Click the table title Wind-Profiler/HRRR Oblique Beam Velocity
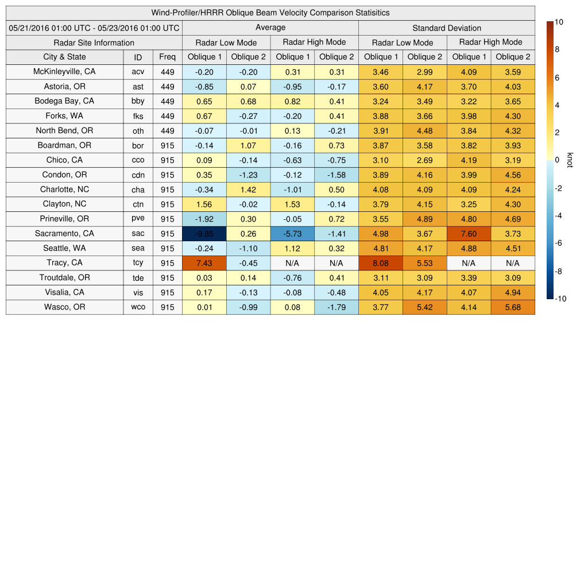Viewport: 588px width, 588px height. click(x=270, y=13)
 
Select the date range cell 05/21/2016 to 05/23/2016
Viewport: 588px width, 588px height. click(x=94, y=28)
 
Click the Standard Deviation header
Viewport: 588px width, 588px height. click(x=447, y=28)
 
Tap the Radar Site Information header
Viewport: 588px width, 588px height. click(x=94, y=42)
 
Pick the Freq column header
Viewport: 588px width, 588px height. click(x=168, y=57)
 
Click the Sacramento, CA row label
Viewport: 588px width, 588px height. click(x=64, y=234)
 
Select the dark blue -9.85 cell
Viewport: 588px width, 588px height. click(x=204, y=234)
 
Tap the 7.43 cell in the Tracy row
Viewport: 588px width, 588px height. click(x=204, y=263)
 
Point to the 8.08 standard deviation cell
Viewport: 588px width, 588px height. click(x=381, y=263)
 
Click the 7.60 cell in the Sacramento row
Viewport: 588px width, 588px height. click(x=469, y=234)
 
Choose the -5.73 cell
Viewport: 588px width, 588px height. click(x=292, y=234)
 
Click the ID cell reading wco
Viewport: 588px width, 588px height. click(x=138, y=307)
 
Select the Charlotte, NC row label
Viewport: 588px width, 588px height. click(x=64, y=189)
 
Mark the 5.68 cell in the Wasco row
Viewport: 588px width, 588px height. click(x=513, y=307)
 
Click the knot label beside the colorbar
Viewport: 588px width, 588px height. click(x=570, y=160)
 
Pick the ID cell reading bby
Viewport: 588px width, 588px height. click(x=138, y=101)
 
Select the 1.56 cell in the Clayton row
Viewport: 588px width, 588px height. click(x=204, y=204)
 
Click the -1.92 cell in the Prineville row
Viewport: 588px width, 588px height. click(x=204, y=219)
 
